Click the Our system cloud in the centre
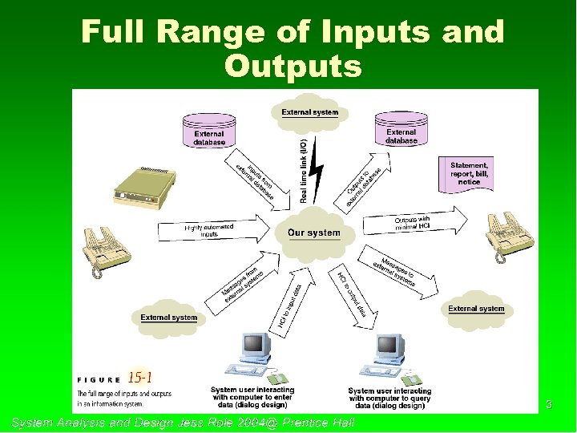(313, 233)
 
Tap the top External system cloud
(309, 112)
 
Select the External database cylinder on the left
(209, 132)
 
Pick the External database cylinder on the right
(401, 131)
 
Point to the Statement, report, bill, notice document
(470, 173)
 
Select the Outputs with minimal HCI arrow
(418, 223)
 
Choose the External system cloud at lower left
(169, 316)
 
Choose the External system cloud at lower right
(476, 309)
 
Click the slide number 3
(549, 404)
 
